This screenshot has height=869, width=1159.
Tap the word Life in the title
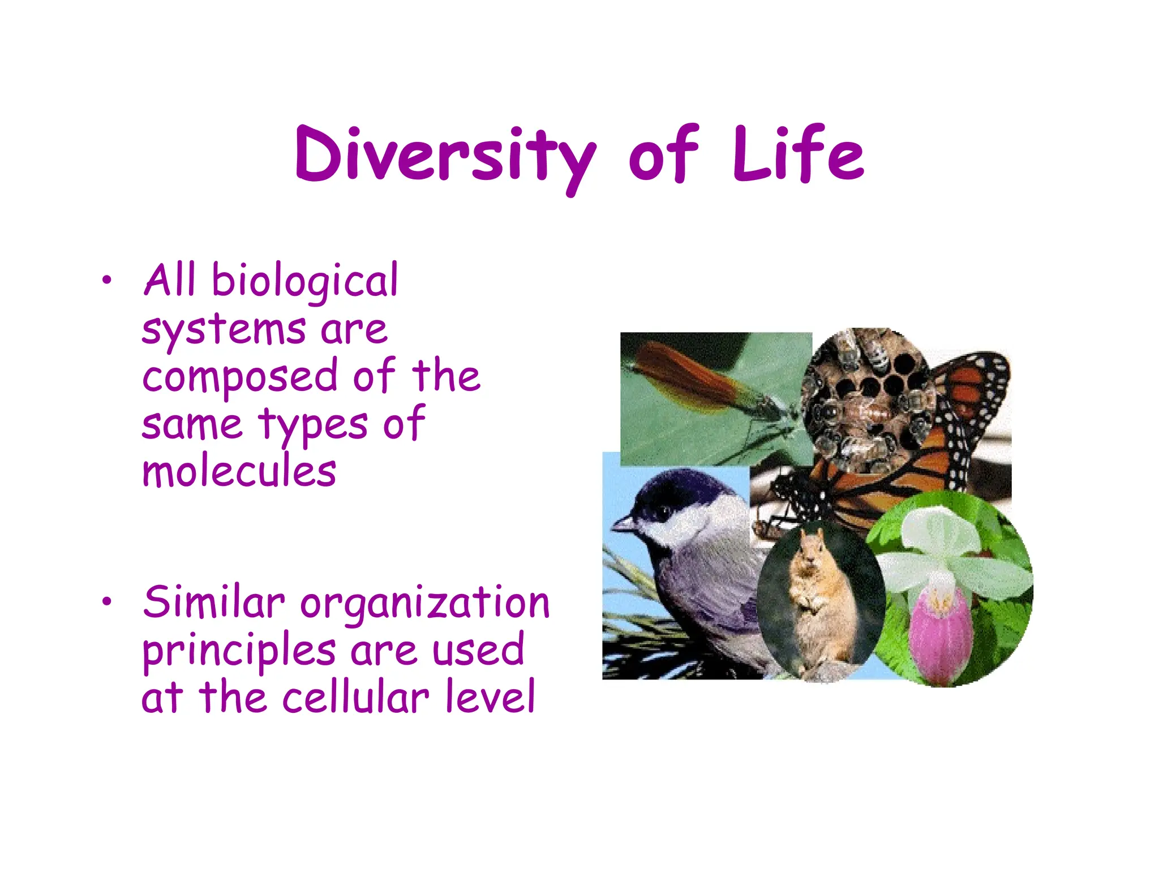pyautogui.click(x=798, y=154)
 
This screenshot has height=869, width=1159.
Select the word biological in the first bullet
pyautogui.click(x=304, y=281)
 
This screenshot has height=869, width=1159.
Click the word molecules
pyautogui.click(x=239, y=472)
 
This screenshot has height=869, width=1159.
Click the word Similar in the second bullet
pyautogui.click(x=213, y=603)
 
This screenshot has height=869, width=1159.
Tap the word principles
pyautogui.click(x=239, y=651)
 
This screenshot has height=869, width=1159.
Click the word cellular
pyautogui.click(x=355, y=697)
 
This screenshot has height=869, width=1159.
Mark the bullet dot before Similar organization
pyautogui.click(x=106, y=602)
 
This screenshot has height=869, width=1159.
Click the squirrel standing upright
pyautogui.click(x=821, y=600)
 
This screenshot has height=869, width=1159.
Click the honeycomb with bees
pyautogui.click(x=866, y=396)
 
